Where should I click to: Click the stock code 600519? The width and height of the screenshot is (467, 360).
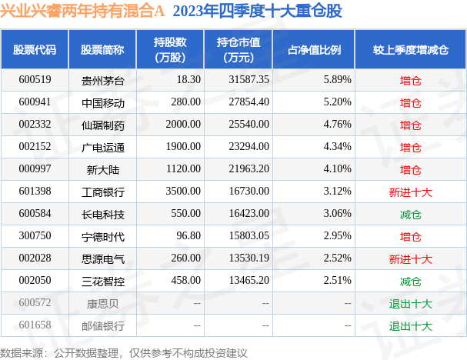34,79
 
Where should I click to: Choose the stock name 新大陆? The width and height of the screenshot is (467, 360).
97,168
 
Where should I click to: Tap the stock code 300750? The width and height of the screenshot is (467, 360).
34,236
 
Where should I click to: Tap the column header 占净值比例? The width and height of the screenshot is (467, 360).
314,50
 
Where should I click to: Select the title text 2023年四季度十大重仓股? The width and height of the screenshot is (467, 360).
259,13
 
